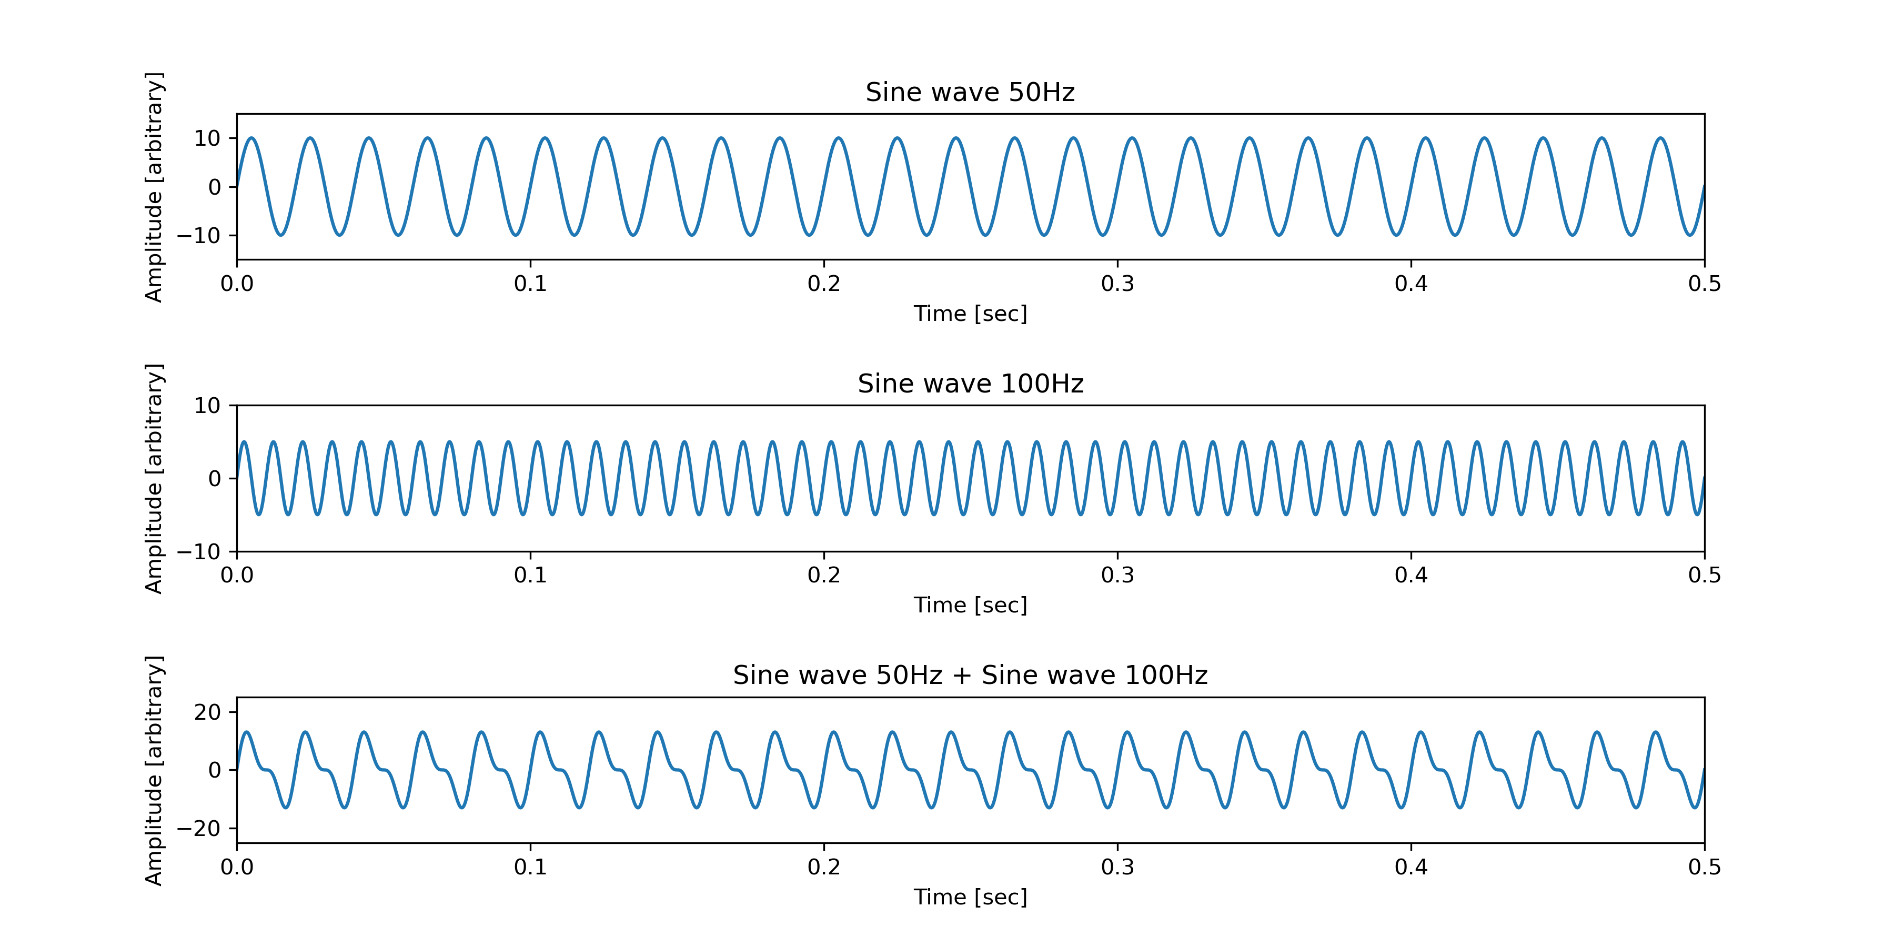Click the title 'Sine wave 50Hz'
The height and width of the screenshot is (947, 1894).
click(x=970, y=93)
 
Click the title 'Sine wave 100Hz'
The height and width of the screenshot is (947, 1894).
click(x=970, y=384)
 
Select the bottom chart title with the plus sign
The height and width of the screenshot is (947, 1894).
click(x=970, y=676)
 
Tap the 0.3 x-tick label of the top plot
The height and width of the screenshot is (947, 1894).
click(x=1117, y=284)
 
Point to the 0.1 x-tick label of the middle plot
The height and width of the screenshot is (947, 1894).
click(x=530, y=575)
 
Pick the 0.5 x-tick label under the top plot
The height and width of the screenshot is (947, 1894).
click(x=1704, y=284)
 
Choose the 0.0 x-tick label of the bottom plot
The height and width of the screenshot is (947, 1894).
click(x=237, y=867)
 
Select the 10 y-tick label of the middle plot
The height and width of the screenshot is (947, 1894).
click(x=207, y=406)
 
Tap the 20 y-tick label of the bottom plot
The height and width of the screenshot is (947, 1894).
click(x=207, y=712)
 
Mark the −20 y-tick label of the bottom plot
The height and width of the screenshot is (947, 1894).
click(x=198, y=829)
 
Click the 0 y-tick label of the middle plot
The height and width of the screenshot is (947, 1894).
click(x=215, y=479)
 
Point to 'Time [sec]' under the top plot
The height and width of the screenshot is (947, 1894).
click(x=970, y=314)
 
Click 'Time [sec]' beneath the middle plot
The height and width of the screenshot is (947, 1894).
click(x=970, y=605)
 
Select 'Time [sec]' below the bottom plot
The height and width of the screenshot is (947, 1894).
click(x=970, y=897)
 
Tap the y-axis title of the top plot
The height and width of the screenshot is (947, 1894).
click(x=154, y=187)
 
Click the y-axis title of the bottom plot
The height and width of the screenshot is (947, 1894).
click(x=154, y=771)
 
